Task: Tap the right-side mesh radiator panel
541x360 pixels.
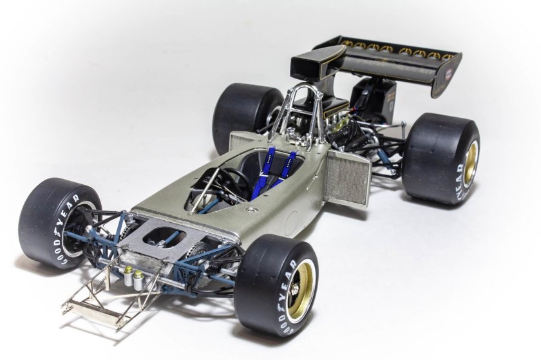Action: pos(348,177)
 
